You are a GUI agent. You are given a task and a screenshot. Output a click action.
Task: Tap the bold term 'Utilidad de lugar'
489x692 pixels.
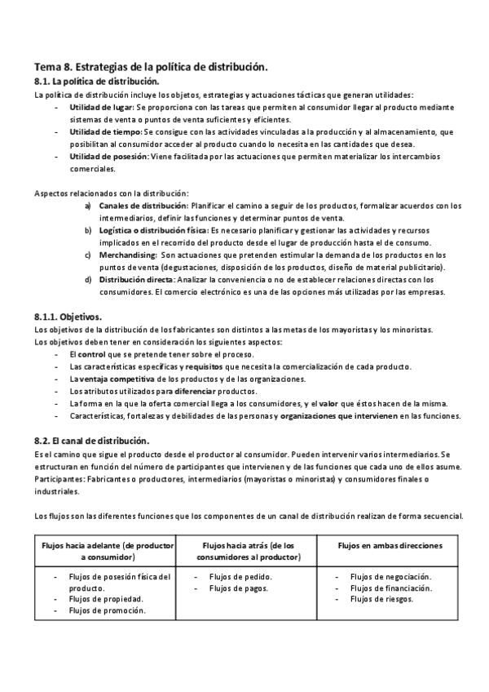coord(102,107)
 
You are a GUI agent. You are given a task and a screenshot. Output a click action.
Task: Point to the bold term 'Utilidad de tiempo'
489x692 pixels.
coord(105,131)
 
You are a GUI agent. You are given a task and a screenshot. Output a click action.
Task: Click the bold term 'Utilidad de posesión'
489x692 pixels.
coord(108,156)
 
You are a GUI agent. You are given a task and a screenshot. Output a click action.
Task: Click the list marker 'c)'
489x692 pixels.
coord(88,255)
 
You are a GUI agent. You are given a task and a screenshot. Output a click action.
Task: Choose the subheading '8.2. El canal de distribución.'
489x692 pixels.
coord(91,440)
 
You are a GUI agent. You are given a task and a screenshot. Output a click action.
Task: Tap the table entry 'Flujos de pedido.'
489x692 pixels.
coord(240,576)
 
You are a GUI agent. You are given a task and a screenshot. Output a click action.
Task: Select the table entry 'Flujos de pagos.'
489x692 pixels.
coord(240,588)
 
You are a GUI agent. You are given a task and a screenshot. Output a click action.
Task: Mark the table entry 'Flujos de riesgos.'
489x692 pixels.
coord(382,599)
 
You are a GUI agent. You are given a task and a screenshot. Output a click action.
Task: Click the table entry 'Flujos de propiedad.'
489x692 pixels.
coord(106,599)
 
